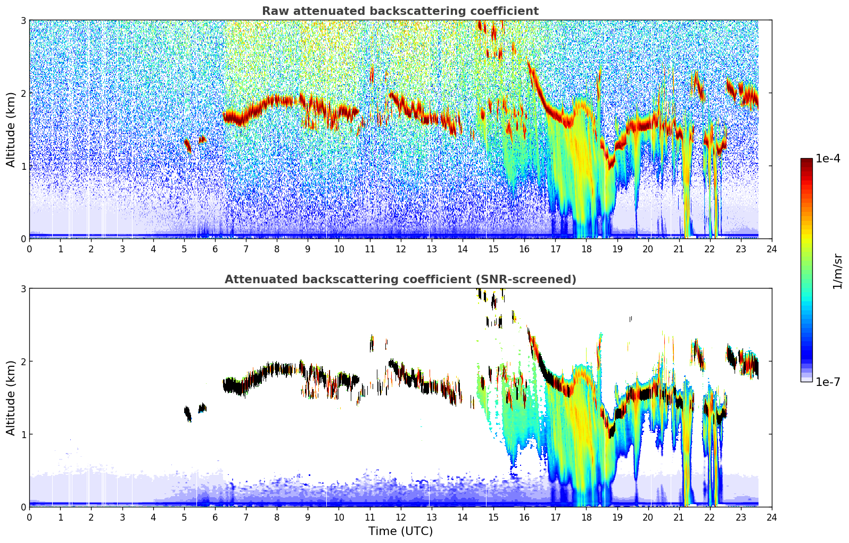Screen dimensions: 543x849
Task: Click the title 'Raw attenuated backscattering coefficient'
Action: point(400,11)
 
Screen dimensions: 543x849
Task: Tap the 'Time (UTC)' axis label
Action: point(400,531)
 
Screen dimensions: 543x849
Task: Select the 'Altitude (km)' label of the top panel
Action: point(11,129)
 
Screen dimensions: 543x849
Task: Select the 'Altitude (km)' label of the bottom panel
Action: point(11,398)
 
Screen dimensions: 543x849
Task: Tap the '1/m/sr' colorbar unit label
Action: point(838,270)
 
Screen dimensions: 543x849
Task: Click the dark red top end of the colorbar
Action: point(806,161)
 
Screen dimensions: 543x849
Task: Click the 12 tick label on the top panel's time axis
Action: point(400,249)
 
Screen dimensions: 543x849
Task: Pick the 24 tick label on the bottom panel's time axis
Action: point(772,517)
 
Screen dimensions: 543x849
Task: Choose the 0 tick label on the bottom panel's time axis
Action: point(29,517)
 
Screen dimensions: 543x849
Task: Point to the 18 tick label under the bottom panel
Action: point(586,517)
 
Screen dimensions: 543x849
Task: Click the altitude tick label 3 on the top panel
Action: point(23,20)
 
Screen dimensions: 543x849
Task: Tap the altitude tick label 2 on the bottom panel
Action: point(23,361)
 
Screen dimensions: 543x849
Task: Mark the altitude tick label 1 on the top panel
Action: point(23,166)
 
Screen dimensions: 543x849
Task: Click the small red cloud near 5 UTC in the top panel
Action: point(187,145)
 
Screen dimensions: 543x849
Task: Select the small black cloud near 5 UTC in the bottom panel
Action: point(187,414)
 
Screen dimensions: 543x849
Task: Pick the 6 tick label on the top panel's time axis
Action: point(215,249)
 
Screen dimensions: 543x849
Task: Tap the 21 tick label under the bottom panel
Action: point(679,517)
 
